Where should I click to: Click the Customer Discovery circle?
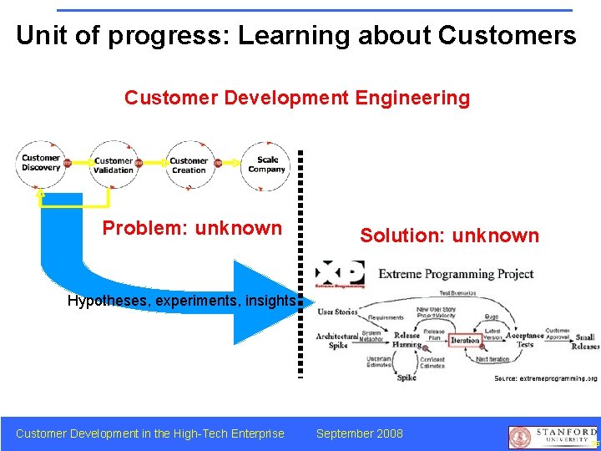(x=40, y=163)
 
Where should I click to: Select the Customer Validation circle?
(x=114, y=166)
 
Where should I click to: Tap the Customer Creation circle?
(x=189, y=165)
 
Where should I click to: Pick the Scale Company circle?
(x=266, y=165)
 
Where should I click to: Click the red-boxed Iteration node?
(x=465, y=341)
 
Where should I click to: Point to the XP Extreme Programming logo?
(x=340, y=275)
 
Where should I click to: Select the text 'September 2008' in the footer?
(x=359, y=433)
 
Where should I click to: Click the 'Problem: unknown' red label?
(x=192, y=228)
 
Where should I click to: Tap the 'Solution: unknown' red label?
(x=449, y=236)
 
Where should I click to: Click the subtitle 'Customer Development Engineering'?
(x=297, y=98)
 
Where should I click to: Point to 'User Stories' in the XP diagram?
(x=337, y=312)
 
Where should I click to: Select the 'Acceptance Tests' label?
(x=525, y=340)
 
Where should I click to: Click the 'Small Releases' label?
(x=585, y=342)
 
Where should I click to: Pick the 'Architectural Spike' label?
(x=337, y=341)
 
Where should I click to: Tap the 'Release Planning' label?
(x=407, y=340)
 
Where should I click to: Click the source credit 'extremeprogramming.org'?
(x=546, y=378)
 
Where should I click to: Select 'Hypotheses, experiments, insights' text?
(x=182, y=301)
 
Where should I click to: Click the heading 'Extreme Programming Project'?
(x=456, y=274)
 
